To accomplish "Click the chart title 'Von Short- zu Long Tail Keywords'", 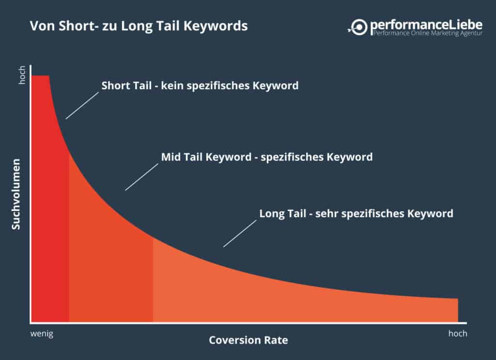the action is [139, 26].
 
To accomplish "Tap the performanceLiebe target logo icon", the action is [358, 27].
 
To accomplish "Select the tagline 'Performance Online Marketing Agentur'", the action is [428, 33].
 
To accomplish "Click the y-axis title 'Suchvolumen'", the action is [16, 194].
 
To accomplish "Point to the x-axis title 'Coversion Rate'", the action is [248, 340].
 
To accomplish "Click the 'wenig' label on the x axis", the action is [42, 334].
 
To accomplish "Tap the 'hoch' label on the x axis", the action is [458, 333].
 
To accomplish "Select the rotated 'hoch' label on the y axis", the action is [22, 75].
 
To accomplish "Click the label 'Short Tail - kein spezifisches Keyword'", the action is [200, 86].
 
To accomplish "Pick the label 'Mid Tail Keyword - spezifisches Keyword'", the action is [267, 157].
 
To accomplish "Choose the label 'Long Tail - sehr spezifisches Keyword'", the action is [356, 214].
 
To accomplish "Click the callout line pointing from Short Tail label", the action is [82, 106].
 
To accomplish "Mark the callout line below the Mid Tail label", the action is [142, 177].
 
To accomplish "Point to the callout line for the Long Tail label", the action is [240, 234].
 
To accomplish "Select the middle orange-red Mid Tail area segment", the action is [111, 269].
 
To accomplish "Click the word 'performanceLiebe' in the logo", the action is [426, 25].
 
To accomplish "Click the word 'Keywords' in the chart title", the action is [216, 26].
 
